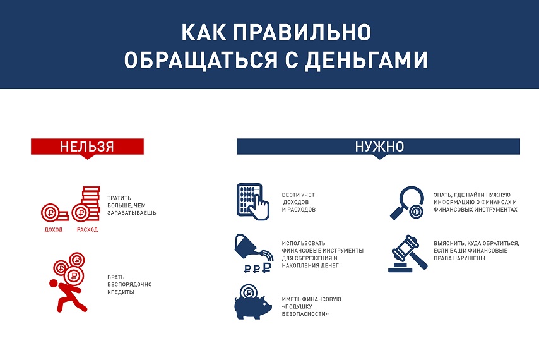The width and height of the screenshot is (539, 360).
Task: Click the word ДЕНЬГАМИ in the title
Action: [x=366, y=61]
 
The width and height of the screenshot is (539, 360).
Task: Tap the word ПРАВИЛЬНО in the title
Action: [x=302, y=32]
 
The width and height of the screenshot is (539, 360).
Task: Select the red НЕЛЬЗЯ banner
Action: [x=87, y=147]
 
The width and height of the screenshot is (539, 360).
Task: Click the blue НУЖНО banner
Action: [x=378, y=147]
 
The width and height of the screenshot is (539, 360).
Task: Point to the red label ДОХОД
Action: [x=54, y=230]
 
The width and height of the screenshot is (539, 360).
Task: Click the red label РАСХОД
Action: [x=87, y=230]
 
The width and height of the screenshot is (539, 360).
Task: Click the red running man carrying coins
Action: [x=68, y=282]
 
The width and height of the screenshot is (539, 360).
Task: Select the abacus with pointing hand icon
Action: [x=253, y=202]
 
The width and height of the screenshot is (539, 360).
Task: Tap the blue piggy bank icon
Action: [x=253, y=302]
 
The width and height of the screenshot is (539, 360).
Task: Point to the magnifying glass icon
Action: [x=407, y=203]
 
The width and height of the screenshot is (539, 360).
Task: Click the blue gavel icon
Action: [x=408, y=253]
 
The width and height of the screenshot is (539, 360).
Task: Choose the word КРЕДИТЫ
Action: [x=121, y=292]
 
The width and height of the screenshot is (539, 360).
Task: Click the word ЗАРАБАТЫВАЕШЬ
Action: [x=132, y=213]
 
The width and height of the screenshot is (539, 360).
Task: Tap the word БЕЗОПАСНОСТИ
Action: [x=305, y=314]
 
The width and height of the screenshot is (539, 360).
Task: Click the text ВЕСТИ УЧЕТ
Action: [x=299, y=195]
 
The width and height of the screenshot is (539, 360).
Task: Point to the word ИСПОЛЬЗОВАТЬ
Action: [x=304, y=243]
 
